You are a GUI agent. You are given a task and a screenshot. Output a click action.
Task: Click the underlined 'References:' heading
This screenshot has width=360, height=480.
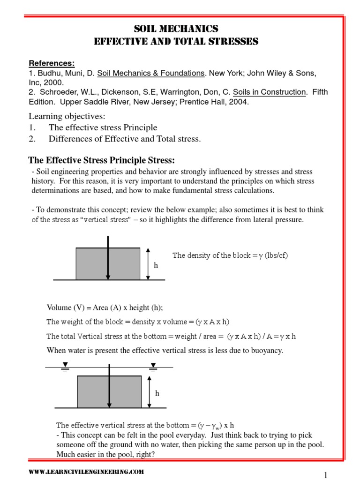(52, 63)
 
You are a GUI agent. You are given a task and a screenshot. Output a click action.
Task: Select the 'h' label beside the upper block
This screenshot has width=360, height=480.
(156, 265)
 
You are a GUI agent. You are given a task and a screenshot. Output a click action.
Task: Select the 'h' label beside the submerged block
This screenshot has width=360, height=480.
(157, 393)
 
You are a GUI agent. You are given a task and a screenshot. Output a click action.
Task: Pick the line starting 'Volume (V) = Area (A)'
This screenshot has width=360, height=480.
(105, 307)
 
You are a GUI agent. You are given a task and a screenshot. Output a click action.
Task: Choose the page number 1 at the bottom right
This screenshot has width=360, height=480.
(325, 474)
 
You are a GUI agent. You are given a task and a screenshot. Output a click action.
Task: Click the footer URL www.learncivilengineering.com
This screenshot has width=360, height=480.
(86, 471)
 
